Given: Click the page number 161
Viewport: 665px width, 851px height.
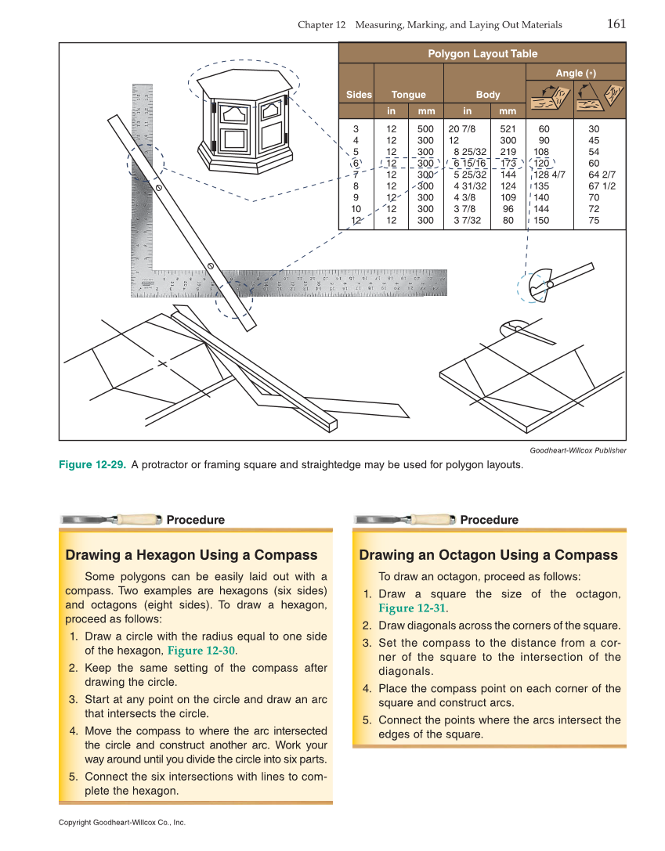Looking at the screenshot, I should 616,23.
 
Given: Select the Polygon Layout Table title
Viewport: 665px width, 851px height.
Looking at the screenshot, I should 482,53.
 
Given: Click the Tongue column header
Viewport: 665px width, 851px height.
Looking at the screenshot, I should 408,95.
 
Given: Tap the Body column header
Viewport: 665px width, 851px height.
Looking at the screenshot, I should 487,95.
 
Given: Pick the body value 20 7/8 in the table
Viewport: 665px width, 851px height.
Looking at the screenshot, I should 462,128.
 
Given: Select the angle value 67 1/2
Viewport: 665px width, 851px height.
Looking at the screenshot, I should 602,186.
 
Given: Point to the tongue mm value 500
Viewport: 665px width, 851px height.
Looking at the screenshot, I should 425,128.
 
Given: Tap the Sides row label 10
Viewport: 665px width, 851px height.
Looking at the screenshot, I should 356,209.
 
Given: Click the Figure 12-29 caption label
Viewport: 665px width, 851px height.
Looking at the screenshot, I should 92,465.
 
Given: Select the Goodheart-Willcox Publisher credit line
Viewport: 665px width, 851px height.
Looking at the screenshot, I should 577,450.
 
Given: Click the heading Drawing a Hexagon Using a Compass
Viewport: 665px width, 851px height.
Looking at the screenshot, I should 191,555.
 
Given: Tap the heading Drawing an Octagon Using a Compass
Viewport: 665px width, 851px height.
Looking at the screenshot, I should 488,555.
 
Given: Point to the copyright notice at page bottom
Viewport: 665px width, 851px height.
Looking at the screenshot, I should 121,823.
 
